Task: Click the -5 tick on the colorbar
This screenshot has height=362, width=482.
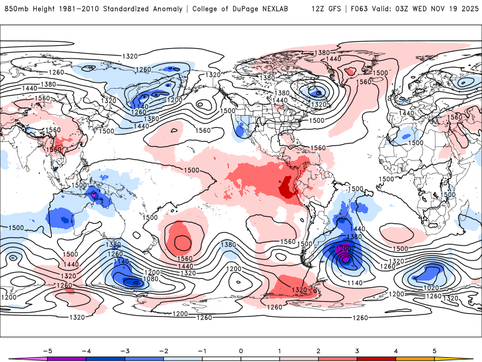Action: click(x=47, y=350)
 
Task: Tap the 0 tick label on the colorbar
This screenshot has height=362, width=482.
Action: click(x=241, y=350)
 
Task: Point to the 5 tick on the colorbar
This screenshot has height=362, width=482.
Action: click(x=434, y=350)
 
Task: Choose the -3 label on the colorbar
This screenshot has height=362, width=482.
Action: click(x=125, y=350)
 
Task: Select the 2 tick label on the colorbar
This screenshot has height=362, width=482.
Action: click(x=318, y=350)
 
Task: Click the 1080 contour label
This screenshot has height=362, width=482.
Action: click(x=151, y=279)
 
